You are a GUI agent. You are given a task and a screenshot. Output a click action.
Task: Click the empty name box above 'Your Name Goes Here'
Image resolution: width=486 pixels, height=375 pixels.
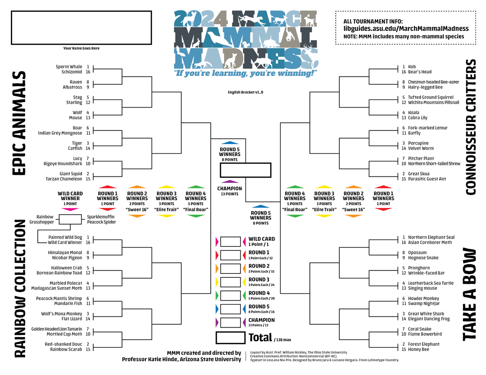click(81, 28)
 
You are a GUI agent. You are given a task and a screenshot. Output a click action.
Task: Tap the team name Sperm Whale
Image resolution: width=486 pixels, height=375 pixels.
click(70, 67)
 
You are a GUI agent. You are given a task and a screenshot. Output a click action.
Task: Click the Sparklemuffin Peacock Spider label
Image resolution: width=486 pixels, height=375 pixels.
click(101, 219)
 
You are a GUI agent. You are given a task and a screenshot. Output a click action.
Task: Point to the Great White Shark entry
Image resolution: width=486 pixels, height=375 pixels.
click(426, 314)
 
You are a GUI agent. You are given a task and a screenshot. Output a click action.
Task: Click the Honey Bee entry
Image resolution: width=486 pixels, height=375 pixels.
click(418, 349)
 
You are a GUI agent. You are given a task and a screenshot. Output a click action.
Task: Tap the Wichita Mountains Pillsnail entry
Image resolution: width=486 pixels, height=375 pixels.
click(433, 102)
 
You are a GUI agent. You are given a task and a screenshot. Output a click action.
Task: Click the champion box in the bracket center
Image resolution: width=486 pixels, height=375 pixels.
click(245, 170)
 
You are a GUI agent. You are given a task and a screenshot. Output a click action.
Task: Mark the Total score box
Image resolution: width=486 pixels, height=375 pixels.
click(230, 338)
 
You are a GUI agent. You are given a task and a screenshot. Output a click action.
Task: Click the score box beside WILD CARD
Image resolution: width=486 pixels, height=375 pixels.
click(230, 242)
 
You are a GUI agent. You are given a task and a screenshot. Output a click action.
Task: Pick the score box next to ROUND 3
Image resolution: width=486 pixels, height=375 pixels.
click(230, 282)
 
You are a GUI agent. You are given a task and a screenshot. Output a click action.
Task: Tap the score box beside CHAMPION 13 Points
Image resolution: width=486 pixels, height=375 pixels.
click(230, 322)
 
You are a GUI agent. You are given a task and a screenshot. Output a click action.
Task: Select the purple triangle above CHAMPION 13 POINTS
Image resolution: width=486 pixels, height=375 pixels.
click(230, 182)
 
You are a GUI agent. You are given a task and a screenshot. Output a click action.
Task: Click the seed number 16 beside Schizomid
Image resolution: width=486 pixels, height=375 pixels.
click(87, 72)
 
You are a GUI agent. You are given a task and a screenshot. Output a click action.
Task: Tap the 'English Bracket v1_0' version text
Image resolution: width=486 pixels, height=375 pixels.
click(245, 93)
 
